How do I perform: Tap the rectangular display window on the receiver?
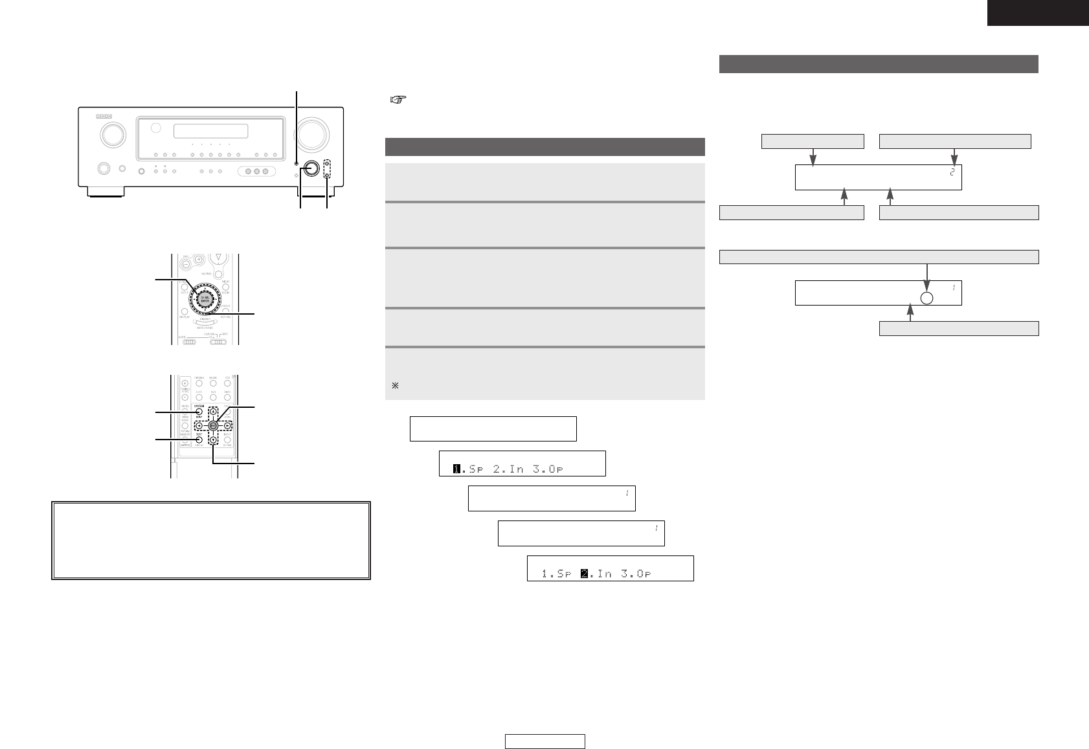[x=211, y=131]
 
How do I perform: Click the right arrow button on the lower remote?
[x=227, y=425]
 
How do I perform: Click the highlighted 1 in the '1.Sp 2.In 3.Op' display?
[x=456, y=469]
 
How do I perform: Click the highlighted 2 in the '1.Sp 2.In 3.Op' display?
[x=584, y=573]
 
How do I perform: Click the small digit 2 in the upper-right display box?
[x=952, y=172]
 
